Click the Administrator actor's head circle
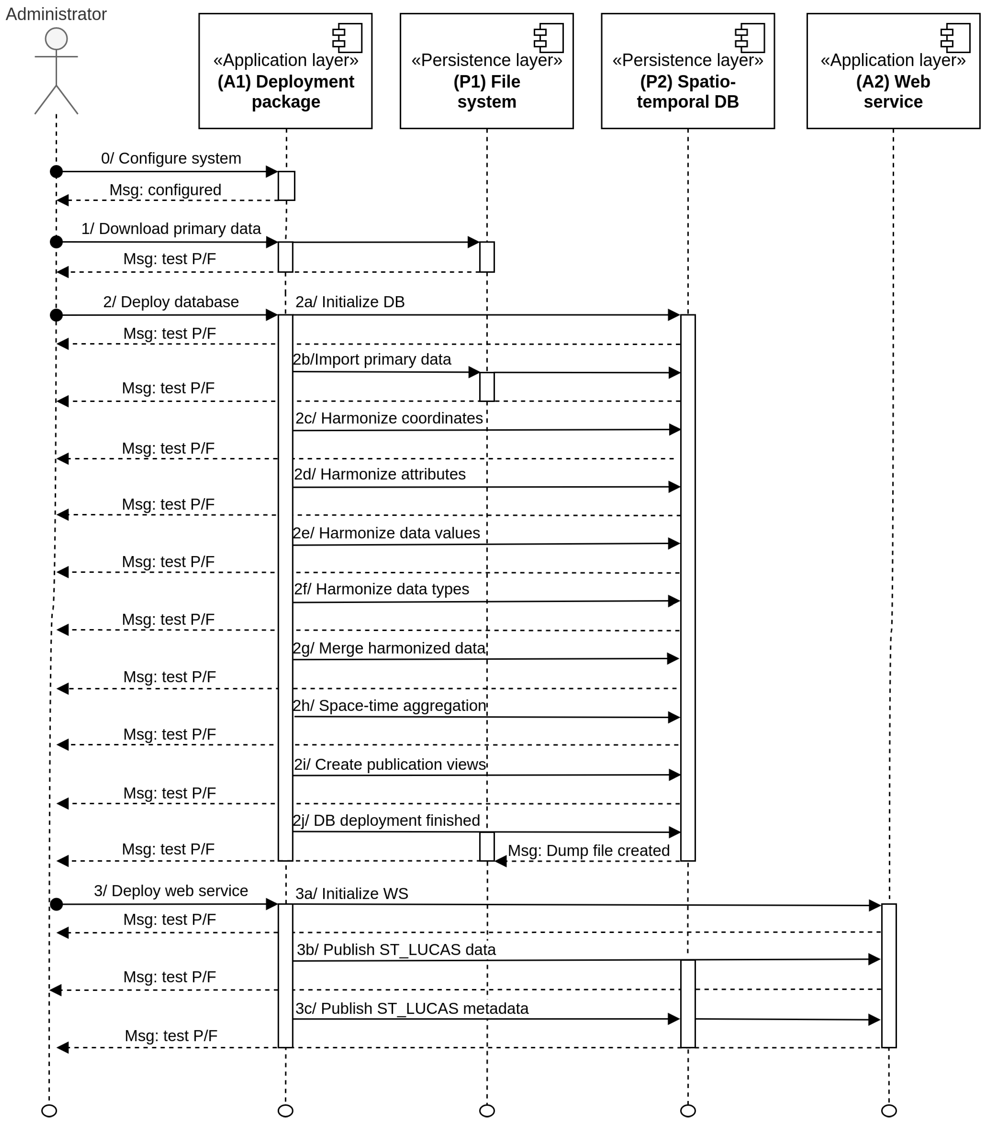[56, 39]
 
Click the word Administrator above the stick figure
[56, 14]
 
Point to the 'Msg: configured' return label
[165, 190]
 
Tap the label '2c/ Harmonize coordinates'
[389, 418]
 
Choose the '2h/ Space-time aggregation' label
[389, 705]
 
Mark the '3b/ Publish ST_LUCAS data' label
[396, 950]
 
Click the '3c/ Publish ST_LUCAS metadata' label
[412, 1008]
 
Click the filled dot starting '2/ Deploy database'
[56, 315]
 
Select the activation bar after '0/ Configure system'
[286, 186]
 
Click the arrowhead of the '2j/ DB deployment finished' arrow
[675, 832]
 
